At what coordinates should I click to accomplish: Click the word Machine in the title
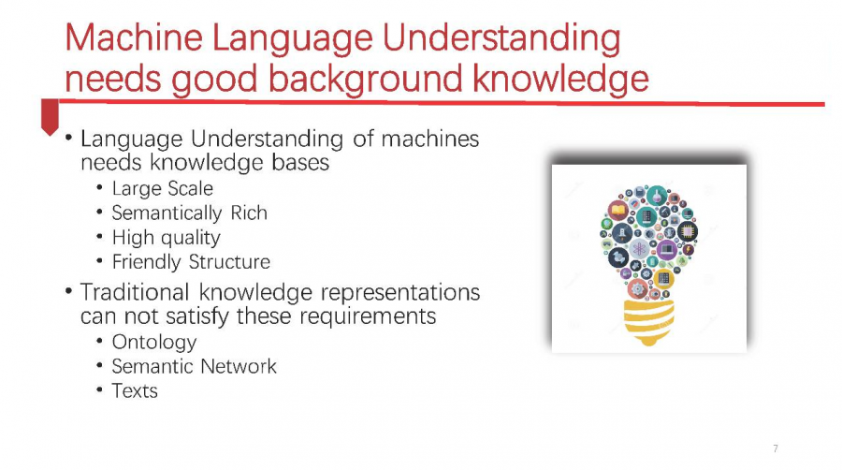pos(134,37)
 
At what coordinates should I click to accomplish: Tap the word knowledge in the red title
pos(560,79)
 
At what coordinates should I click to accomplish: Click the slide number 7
pos(775,448)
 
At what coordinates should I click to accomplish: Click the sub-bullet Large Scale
pos(162,188)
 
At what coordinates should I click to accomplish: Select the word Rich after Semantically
pos(249,213)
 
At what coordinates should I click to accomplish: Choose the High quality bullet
pos(166,238)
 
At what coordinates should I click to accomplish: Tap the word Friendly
pos(147,262)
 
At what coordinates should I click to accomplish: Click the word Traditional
pos(135,292)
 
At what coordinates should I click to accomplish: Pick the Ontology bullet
pos(154,342)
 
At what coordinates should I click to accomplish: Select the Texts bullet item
pos(135,391)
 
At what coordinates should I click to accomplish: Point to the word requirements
pos(368,316)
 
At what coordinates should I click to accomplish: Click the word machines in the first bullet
pos(430,140)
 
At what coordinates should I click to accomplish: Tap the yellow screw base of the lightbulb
pos(648,321)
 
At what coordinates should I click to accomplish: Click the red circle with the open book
pos(618,210)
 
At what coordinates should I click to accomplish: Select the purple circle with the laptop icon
pos(667,250)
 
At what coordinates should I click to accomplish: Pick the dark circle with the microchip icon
pos(688,231)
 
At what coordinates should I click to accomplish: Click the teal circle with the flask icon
pos(657,196)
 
